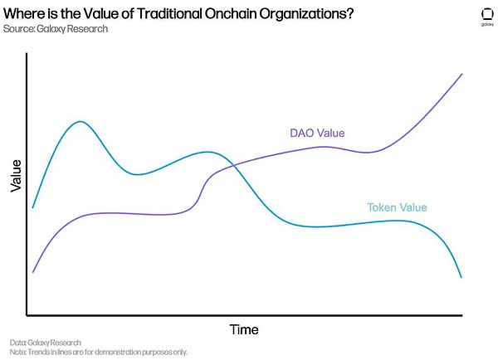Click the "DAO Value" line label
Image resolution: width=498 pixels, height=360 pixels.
tap(317, 133)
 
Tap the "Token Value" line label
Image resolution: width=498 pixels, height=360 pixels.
tap(397, 207)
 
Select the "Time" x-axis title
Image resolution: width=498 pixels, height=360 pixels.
tap(244, 330)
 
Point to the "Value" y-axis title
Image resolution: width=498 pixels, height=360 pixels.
tap(16, 176)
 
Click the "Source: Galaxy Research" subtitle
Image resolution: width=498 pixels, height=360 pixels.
tap(55, 29)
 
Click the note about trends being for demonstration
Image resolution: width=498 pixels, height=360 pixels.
tap(99, 352)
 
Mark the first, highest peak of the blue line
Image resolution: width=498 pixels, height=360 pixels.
tap(80, 122)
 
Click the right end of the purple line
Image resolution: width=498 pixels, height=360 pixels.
tap(461, 74)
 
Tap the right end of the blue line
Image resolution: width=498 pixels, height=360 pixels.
tap(461, 277)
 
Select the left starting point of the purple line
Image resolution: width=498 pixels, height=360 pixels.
tap(33, 271)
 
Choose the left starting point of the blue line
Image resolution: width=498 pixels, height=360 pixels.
tap(33, 207)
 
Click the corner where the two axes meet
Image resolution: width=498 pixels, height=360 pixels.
tap(27, 315)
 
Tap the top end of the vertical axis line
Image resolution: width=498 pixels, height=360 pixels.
tap(27, 53)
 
